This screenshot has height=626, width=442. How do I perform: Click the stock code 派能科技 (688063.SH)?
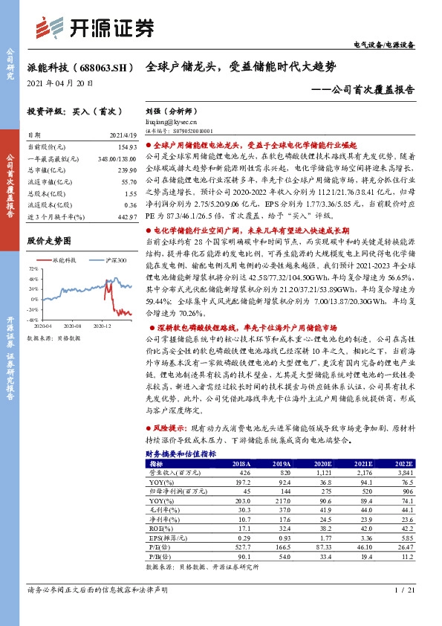point(79,67)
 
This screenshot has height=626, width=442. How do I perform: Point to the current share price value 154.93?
point(127,149)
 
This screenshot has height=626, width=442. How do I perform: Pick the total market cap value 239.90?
point(127,170)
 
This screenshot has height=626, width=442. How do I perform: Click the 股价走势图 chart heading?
point(49,241)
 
